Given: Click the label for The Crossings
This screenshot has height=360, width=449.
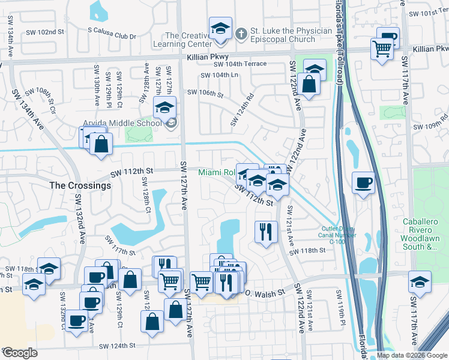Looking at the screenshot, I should [x=80, y=186].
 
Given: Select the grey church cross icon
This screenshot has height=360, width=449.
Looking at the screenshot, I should [x=241, y=32].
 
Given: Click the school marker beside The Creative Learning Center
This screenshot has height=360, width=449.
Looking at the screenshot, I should [x=220, y=29].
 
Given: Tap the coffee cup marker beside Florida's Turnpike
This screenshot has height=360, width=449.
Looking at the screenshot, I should [x=364, y=183].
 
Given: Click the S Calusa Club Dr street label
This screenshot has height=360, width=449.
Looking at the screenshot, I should [x=112, y=36].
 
